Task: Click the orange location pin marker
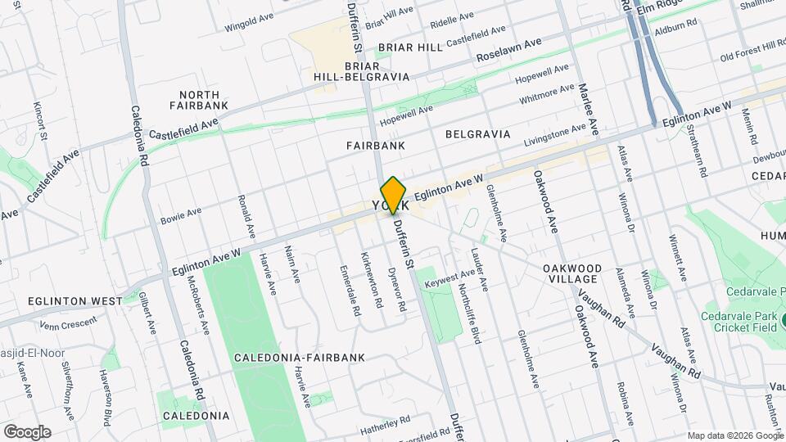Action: [393, 195]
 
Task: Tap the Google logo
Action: [27, 431]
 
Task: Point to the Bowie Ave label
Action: [181, 215]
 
